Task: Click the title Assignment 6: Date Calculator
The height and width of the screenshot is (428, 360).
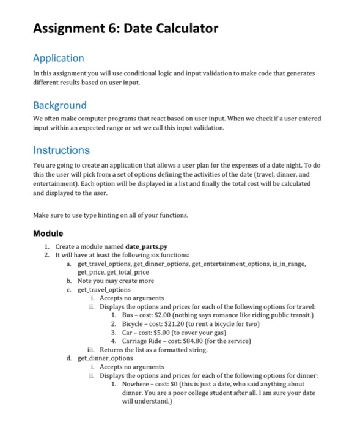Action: tap(125, 29)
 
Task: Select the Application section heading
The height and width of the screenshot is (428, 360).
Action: tap(58, 58)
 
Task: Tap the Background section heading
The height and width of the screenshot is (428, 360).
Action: tap(59, 105)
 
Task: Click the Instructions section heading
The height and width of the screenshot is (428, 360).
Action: tap(61, 150)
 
